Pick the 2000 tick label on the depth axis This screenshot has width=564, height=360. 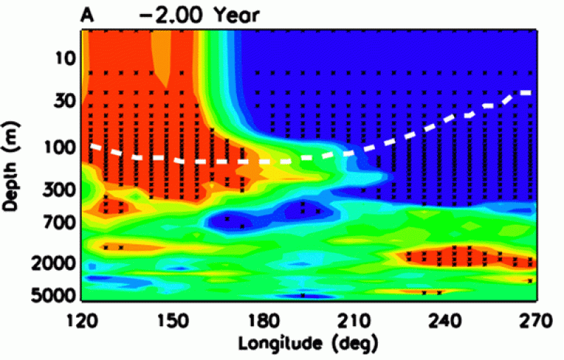coord(51,263)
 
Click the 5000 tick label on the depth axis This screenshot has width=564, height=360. coord(51,294)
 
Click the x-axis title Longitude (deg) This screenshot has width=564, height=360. coord(308,344)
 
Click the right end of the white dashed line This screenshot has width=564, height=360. coord(529,92)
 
